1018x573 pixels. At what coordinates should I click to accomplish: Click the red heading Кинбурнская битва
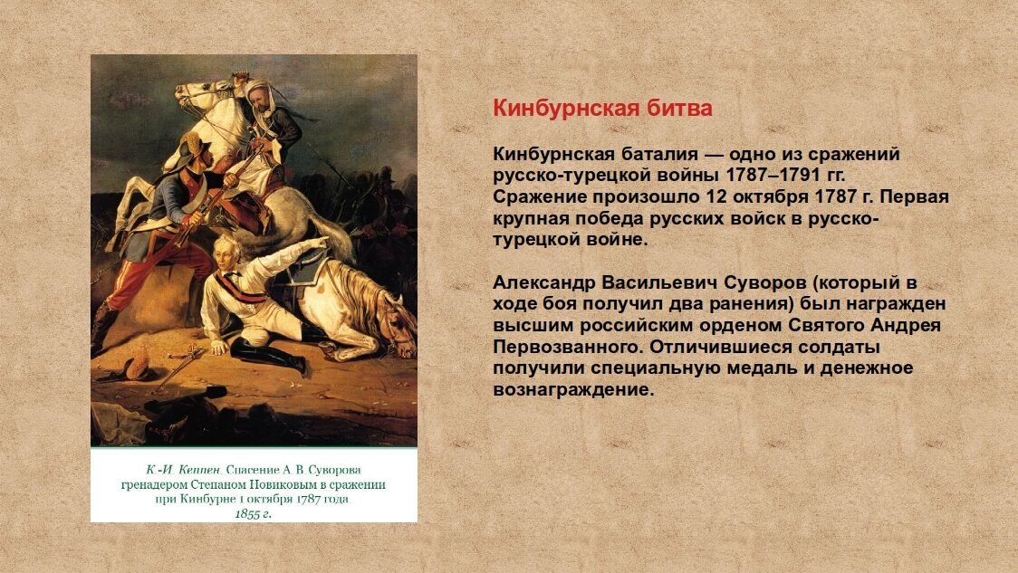pyautogui.click(x=602, y=108)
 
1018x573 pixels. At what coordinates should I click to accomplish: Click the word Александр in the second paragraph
pyautogui.click(x=543, y=283)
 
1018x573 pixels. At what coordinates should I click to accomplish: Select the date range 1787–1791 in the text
pyautogui.click(x=764, y=176)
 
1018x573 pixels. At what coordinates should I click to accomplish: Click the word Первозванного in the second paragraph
pyautogui.click(x=566, y=348)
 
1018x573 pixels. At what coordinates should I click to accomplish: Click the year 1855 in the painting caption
pyautogui.click(x=246, y=514)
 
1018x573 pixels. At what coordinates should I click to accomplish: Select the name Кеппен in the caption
pyautogui.click(x=201, y=469)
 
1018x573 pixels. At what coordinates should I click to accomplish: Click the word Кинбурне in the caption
pyautogui.click(x=206, y=499)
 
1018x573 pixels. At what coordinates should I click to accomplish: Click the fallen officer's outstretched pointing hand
pyautogui.click(x=320, y=242)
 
